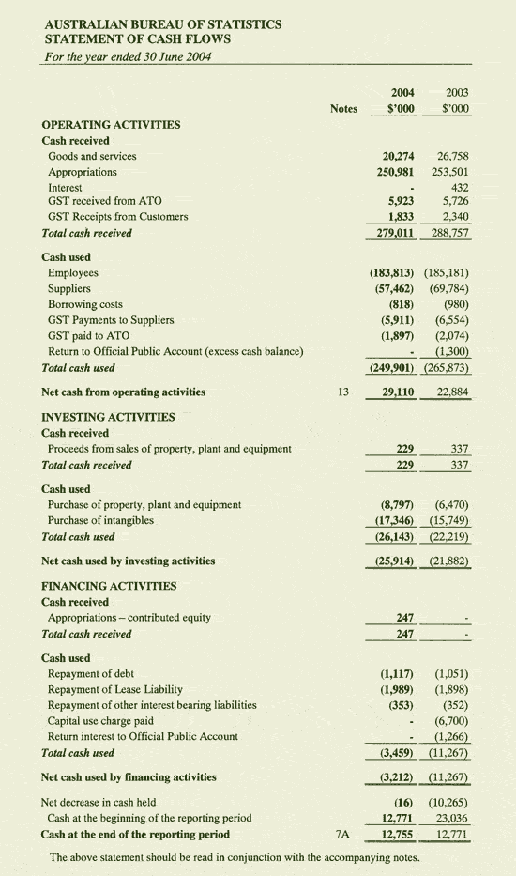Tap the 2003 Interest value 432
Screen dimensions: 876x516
460,187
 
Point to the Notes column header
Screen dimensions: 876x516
344,109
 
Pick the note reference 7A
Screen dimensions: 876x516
342,833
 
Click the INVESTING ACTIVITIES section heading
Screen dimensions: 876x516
108,417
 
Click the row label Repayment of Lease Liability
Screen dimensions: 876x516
114,689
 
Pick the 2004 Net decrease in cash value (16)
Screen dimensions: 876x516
404,803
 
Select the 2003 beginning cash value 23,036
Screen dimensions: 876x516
450,818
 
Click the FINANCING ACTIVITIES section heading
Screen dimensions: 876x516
109,586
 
